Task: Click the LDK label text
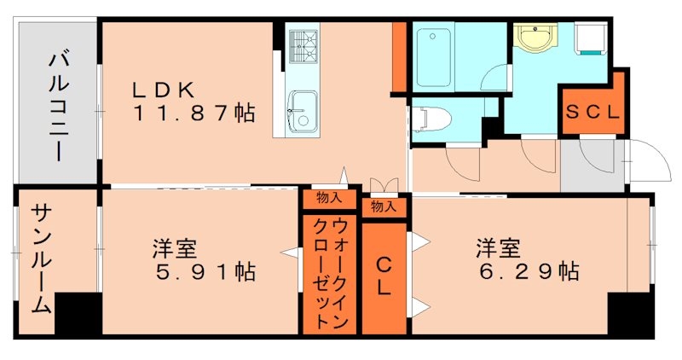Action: tap(165, 88)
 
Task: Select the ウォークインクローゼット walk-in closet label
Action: tap(327, 273)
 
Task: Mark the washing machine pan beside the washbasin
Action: tap(591, 38)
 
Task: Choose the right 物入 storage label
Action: tap(384, 206)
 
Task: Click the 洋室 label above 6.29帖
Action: tap(498, 250)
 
